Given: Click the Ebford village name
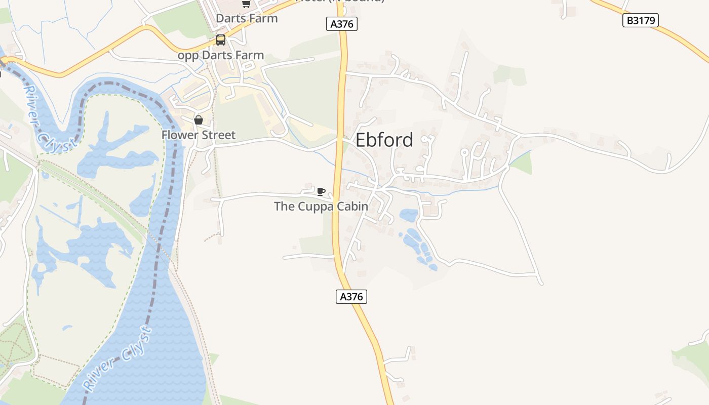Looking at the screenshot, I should click(x=384, y=140).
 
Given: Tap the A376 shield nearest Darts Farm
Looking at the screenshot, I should click(x=342, y=24).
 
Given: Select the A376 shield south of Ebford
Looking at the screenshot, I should click(x=351, y=297).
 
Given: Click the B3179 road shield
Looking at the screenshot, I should click(x=641, y=20).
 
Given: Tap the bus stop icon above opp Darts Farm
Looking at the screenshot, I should click(x=221, y=40).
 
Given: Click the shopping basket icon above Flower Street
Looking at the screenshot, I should click(x=199, y=120).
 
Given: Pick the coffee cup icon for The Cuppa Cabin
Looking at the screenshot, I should click(x=321, y=191).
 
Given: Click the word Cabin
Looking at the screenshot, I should click(x=354, y=207).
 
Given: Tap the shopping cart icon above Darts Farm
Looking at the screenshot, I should click(x=246, y=4).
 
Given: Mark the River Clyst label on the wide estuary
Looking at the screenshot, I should click(x=117, y=359).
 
